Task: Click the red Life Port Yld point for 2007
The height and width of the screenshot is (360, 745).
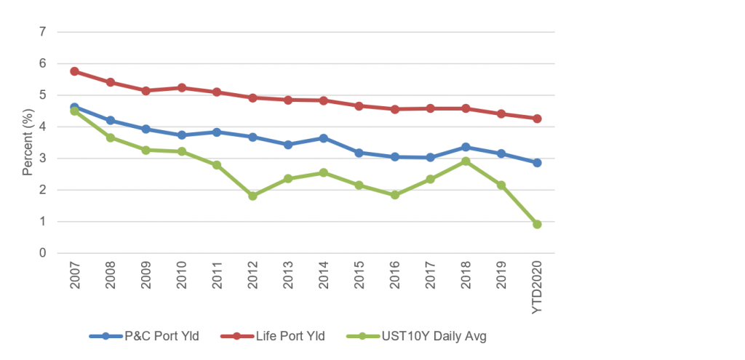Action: [x=75, y=71]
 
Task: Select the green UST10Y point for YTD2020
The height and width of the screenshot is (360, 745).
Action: [x=537, y=224]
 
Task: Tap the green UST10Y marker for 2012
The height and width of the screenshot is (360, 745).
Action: [x=252, y=196]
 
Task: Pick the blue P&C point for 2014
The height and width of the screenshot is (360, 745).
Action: [x=324, y=138]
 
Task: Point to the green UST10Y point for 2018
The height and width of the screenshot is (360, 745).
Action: [x=466, y=161]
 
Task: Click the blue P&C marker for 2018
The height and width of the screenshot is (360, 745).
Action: [x=466, y=147]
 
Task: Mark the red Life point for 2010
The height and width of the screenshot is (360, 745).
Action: [x=181, y=87]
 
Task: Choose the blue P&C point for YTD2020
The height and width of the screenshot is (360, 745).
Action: [x=537, y=163]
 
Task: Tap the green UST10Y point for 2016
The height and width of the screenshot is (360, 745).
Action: [x=395, y=195]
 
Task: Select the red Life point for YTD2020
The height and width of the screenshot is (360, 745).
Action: [x=537, y=119]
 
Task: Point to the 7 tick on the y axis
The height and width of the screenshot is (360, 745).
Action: [x=43, y=32]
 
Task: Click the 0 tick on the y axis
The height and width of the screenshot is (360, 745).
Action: [x=43, y=253]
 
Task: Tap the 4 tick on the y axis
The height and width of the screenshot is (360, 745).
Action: [x=43, y=127]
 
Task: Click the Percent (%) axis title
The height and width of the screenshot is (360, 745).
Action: [x=27, y=143]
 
